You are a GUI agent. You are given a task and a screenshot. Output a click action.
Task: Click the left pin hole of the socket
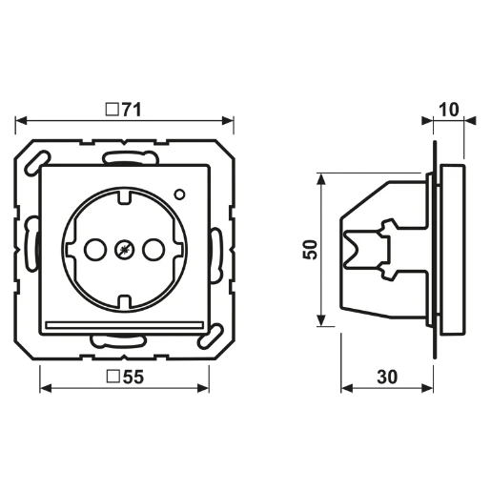point(92,251)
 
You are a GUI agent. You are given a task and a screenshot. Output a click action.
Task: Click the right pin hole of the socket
point(151,251)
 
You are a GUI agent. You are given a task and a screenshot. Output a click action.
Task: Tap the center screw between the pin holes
point(122,251)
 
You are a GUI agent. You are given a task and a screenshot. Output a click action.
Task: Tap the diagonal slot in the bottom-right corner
point(201,338)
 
